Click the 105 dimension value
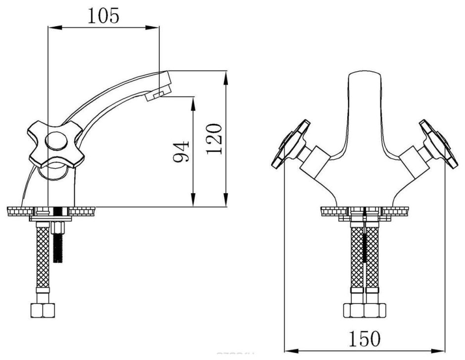[103, 16]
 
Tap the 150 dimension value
[367, 339]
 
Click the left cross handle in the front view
[291, 144]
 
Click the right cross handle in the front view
[437, 144]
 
